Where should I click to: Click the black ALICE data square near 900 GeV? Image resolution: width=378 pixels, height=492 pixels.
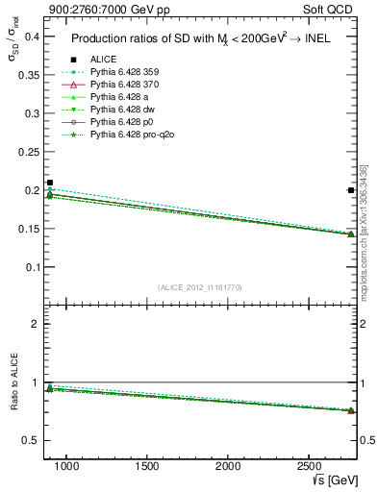[x=50, y=183]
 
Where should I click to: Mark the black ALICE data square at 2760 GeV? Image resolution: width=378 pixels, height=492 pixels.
[x=351, y=190]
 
